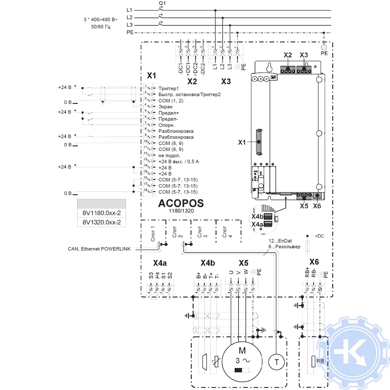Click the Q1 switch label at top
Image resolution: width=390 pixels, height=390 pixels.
(162, 3)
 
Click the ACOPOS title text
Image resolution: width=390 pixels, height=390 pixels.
(181, 203)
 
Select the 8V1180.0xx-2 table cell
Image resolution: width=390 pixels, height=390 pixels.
(102, 213)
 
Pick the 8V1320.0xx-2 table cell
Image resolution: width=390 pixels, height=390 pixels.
(102, 222)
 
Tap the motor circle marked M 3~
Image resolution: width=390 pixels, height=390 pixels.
(242, 362)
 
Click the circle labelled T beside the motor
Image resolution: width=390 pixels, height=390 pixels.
(276, 362)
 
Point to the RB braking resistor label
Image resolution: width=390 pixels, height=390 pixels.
(320, 361)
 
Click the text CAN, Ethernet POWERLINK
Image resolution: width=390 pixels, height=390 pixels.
(99, 249)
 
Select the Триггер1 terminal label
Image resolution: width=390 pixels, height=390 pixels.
(168, 88)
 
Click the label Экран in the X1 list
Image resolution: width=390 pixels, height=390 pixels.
(165, 107)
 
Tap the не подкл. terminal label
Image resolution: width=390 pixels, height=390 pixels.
(169, 155)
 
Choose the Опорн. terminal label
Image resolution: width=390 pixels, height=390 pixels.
(166, 125)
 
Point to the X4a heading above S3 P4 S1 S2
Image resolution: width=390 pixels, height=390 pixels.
(160, 263)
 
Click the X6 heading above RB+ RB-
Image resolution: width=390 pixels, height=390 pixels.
(314, 262)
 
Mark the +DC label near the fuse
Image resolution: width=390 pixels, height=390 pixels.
(320, 236)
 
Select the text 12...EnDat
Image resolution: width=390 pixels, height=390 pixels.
(280, 241)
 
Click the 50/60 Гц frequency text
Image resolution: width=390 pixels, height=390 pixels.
(101, 27)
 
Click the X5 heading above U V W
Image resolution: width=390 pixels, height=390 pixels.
(244, 263)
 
